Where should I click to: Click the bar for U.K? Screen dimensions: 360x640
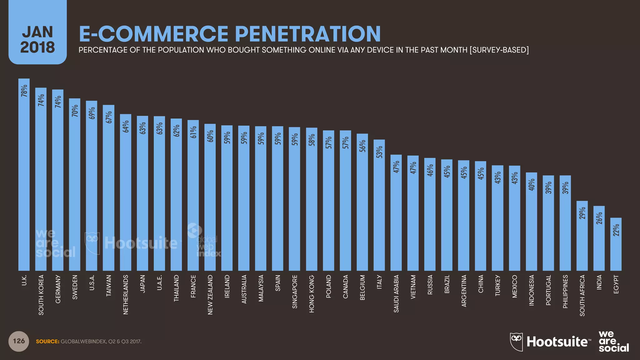[x=24, y=175]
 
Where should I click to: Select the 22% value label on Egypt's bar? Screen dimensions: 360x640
[x=616, y=230]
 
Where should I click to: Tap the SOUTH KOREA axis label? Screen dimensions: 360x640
[x=41, y=295]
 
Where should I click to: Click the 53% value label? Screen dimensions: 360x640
[x=379, y=152]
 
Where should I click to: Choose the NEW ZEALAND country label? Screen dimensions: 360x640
[x=210, y=294]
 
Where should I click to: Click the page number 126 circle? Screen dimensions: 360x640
[x=19, y=341]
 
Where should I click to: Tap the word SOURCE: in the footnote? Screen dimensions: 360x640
[x=47, y=342]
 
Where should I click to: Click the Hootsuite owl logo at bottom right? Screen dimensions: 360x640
[x=516, y=342]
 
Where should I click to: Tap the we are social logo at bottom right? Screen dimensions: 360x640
[x=613, y=342]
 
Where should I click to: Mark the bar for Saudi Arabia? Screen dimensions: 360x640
[x=396, y=212]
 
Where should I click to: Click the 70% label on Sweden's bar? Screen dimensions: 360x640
[x=75, y=111]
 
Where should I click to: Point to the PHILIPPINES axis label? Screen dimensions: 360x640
[x=565, y=291]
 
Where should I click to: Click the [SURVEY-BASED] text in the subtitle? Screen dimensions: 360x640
[x=499, y=50]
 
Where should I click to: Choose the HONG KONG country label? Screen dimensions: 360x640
[x=312, y=294]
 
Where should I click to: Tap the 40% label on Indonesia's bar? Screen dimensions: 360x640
[x=532, y=185]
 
